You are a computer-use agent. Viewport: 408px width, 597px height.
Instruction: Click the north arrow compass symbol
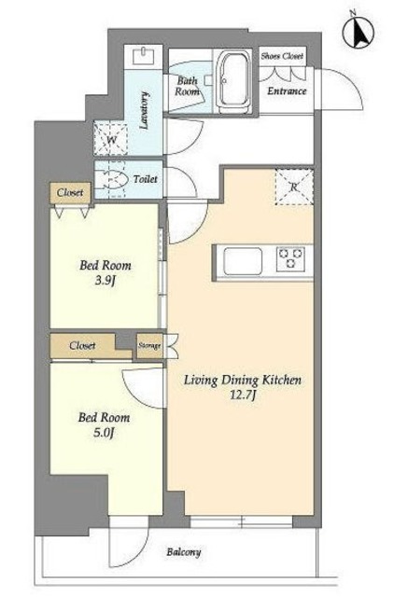[x=359, y=32]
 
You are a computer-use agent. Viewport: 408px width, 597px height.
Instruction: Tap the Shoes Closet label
[x=282, y=56]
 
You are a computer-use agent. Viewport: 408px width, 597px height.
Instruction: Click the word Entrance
[x=287, y=91]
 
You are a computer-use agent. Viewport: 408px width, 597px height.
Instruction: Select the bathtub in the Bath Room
[x=232, y=81]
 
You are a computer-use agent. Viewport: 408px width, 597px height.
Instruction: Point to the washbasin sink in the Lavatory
[x=144, y=56]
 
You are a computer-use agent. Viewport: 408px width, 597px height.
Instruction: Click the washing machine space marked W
[x=111, y=139]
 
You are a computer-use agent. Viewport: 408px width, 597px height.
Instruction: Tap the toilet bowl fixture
[x=112, y=179]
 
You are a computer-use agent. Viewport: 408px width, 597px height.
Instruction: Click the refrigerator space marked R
[x=294, y=187]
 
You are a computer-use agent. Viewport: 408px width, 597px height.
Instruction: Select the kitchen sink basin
[x=243, y=261]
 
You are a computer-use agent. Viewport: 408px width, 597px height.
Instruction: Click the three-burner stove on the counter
[x=290, y=258]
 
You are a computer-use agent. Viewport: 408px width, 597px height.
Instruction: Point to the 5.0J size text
[x=104, y=433]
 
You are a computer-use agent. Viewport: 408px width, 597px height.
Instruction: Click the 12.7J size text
[x=243, y=396]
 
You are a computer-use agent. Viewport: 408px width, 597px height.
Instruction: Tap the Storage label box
[x=149, y=346]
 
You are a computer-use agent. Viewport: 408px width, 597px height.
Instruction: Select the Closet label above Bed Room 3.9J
[x=70, y=193]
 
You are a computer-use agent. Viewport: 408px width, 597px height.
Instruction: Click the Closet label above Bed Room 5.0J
[x=82, y=346]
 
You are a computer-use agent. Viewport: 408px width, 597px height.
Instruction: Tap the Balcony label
[x=184, y=552]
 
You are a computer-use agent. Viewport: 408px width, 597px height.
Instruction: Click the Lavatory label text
[x=144, y=110]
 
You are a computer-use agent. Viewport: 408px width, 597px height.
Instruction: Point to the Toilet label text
[x=145, y=179]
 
